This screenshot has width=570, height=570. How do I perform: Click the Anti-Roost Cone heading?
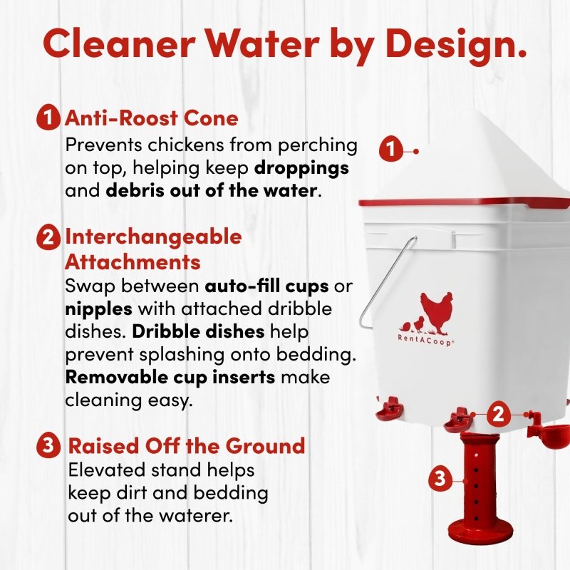152,118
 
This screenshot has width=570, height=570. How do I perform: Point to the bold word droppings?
301,169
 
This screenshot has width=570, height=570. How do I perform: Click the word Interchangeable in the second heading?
153,237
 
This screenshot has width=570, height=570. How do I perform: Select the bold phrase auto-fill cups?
266,286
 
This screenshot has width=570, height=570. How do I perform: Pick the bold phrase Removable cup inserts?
170,378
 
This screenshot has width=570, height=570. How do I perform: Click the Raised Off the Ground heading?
187,446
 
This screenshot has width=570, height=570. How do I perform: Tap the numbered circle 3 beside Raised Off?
48,445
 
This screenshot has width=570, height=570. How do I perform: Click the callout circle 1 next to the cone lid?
390,149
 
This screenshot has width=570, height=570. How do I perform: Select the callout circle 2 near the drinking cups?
498,414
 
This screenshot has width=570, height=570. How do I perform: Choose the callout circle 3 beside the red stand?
440,477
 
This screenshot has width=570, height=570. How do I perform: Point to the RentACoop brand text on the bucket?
425,341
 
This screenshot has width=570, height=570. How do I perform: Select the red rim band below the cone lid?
464,202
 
